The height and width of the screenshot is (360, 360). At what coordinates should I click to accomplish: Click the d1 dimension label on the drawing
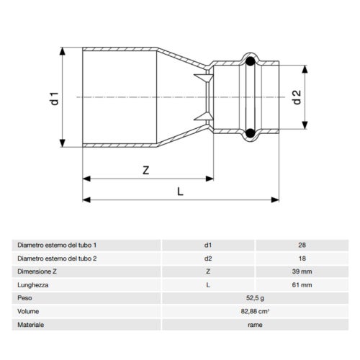[x=52, y=97]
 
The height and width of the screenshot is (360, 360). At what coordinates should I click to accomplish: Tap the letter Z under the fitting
[x=145, y=171]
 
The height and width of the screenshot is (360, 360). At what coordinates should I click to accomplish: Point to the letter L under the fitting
[x=180, y=191]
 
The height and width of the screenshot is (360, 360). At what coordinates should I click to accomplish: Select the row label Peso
[x=26, y=298]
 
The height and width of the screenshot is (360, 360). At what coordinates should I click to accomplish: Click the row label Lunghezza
[x=33, y=285]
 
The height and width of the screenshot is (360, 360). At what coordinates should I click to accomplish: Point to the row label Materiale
[x=31, y=325]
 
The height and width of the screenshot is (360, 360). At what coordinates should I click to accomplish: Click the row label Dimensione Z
[x=38, y=272]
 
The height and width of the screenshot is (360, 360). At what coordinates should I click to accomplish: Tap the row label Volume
[x=29, y=312]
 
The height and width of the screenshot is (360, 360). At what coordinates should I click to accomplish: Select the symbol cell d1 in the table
[x=209, y=246]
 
